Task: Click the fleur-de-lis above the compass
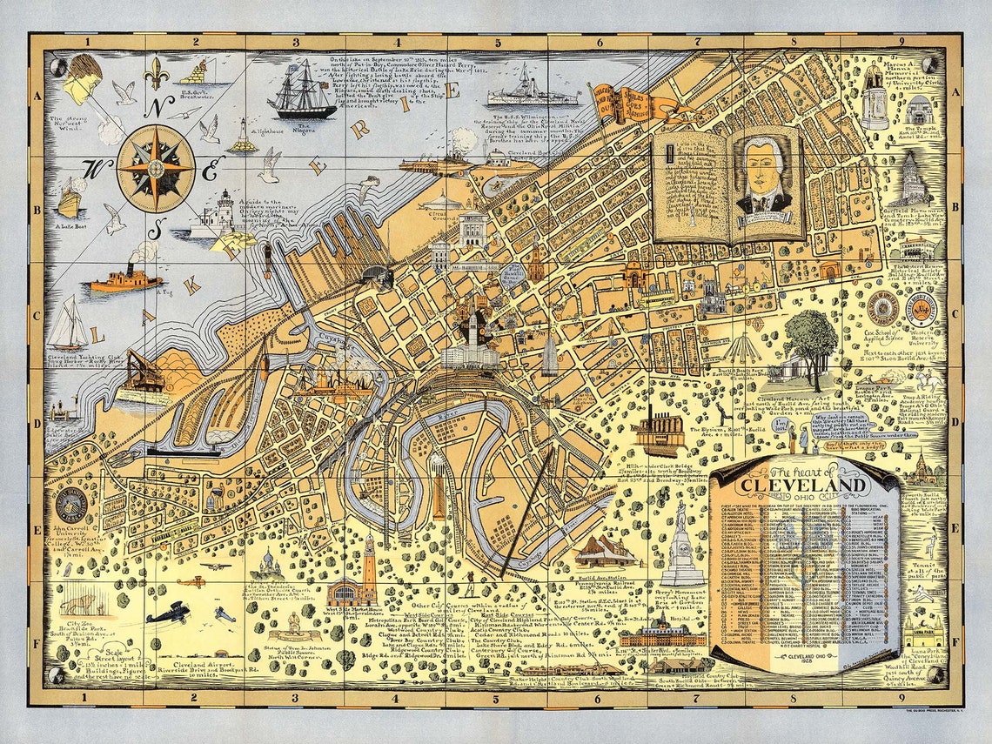pyautogui.click(x=156, y=74)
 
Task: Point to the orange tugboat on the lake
pyautogui.click(x=124, y=280)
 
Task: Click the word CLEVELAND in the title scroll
pyautogui.click(x=803, y=486)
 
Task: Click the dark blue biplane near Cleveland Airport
pyautogui.click(x=168, y=612)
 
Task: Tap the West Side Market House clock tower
pyautogui.click(x=369, y=566)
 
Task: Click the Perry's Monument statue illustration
pyautogui.click(x=682, y=544)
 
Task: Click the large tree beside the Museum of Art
pyautogui.click(x=810, y=342)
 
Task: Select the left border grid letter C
pyautogui.click(x=37, y=314)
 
